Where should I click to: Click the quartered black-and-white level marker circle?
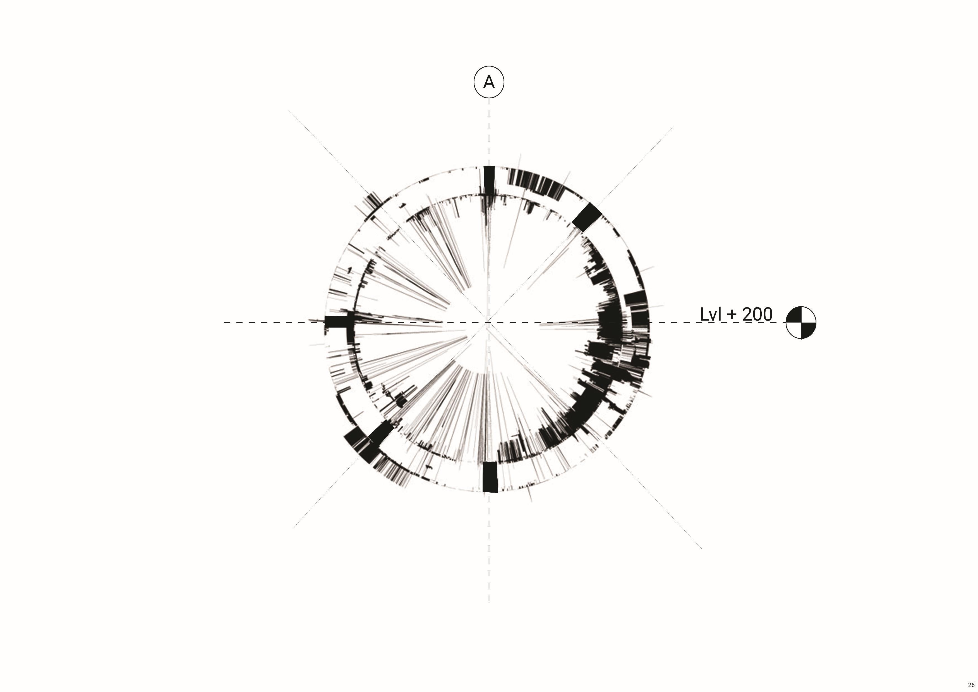tap(801, 323)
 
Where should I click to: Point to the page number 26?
tap(971, 685)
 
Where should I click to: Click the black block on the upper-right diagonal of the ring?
tap(586, 217)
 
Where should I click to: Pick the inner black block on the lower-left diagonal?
tap(381, 433)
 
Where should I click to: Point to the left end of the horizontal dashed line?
tap(224, 323)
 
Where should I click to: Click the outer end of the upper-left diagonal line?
tap(289, 111)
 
